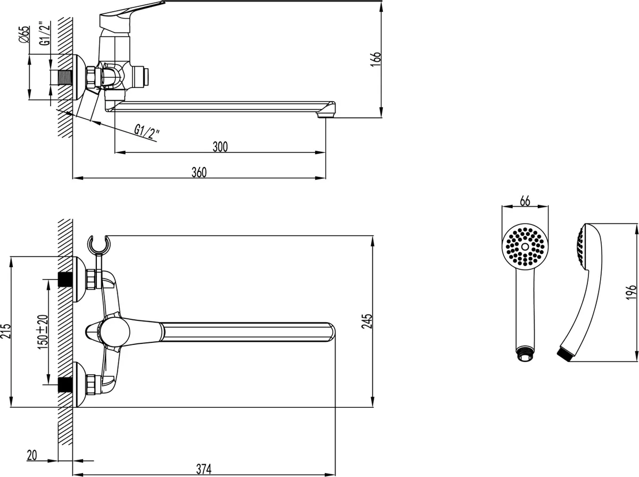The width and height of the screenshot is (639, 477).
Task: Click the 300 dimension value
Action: click(x=220, y=147)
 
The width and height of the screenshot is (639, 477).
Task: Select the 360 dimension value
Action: click(x=199, y=172)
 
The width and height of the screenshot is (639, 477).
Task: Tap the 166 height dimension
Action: click(x=375, y=60)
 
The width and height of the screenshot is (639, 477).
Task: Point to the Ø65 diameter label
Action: click(x=24, y=35)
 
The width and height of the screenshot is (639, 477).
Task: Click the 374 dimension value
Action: click(x=204, y=469)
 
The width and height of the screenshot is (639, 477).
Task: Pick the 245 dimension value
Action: click(x=367, y=322)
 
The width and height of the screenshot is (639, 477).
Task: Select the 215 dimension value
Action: click(x=5, y=331)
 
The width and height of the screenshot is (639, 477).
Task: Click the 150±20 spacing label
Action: click(x=43, y=332)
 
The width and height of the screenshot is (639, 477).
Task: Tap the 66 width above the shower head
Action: click(x=525, y=201)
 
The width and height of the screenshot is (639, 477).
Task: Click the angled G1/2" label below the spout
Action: click(x=147, y=132)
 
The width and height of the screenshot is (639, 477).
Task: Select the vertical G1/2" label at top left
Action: click(x=45, y=34)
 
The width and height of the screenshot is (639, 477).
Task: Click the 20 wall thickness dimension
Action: click(x=32, y=456)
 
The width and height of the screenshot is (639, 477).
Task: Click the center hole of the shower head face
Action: click(x=525, y=247)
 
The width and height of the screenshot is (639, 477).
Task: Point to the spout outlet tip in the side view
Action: click(x=326, y=115)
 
